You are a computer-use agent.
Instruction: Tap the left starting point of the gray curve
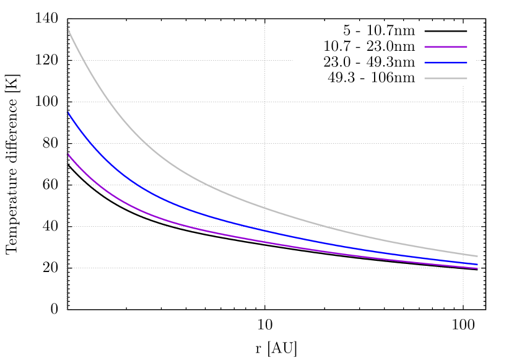click(x=68, y=30)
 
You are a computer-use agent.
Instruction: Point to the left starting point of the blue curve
click(x=68, y=113)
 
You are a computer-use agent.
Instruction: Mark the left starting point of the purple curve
click(x=68, y=154)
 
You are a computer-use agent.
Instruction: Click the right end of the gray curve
click(x=477, y=256)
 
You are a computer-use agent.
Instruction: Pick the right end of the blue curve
click(x=477, y=265)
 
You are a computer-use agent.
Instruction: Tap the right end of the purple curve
click(x=477, y=268)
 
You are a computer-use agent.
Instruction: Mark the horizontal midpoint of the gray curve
click(x=272, y=211)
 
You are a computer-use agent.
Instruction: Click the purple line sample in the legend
click(x=446, y=46)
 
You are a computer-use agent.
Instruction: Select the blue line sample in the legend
click(x=446, y=63)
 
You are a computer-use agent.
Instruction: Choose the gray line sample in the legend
click(x=446, y=78)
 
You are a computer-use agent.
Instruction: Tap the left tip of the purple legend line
click(x=425, y=46)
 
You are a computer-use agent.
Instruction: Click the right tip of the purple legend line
click(x=467, y=46)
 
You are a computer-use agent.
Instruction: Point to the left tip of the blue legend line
click(x=425, y=63)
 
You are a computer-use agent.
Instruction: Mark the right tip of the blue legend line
click(x=467, y=63)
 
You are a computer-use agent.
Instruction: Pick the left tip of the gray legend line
click(x=425, y=78)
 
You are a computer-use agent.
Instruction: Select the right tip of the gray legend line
click(x=467, y=78)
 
